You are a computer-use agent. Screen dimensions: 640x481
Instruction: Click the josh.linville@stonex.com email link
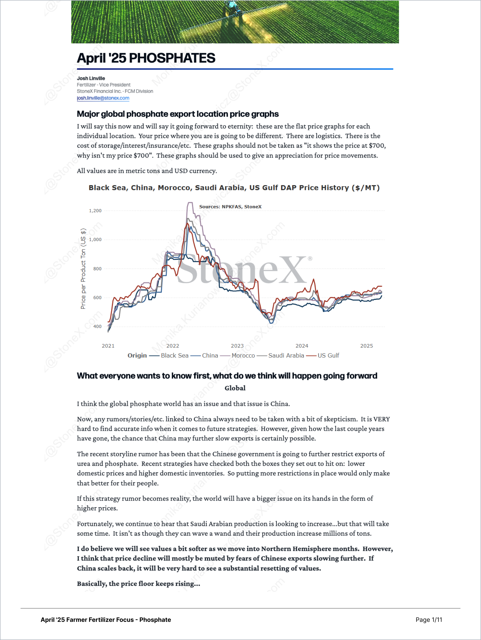click(x=103, y=98)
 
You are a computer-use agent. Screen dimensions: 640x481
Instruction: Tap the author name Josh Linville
click(x=91, y=78)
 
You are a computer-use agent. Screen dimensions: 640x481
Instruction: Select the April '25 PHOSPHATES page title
click(x=146, y=58)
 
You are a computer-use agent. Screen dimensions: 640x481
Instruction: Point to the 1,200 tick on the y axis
click(x=95, y=211)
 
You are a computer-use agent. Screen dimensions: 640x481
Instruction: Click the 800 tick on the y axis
click(x=97, y=269)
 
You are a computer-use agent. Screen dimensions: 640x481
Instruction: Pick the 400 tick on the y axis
click(x=97, y=327)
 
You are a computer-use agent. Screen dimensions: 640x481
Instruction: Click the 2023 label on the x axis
click(x=237, y=346)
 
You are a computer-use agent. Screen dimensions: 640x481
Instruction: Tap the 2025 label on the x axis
click(x=367, y=346)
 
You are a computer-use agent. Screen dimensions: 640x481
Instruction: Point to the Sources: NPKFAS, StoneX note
click(x=230, y=206)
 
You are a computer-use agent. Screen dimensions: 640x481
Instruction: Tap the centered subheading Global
click(x=235, y=388)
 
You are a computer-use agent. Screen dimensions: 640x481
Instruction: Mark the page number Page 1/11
click(x=429, y=620)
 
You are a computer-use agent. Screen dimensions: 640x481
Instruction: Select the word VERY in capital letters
click(x=382, y=419)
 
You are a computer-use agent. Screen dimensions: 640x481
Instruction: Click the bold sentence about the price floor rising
click(x=139, y=584)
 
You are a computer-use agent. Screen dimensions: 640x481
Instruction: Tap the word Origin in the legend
click(x=137, y=356)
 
